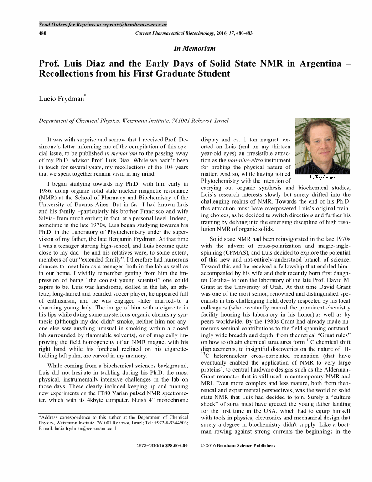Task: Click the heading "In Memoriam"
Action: coord(195,48)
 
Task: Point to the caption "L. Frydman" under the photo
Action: coord(322,177)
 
